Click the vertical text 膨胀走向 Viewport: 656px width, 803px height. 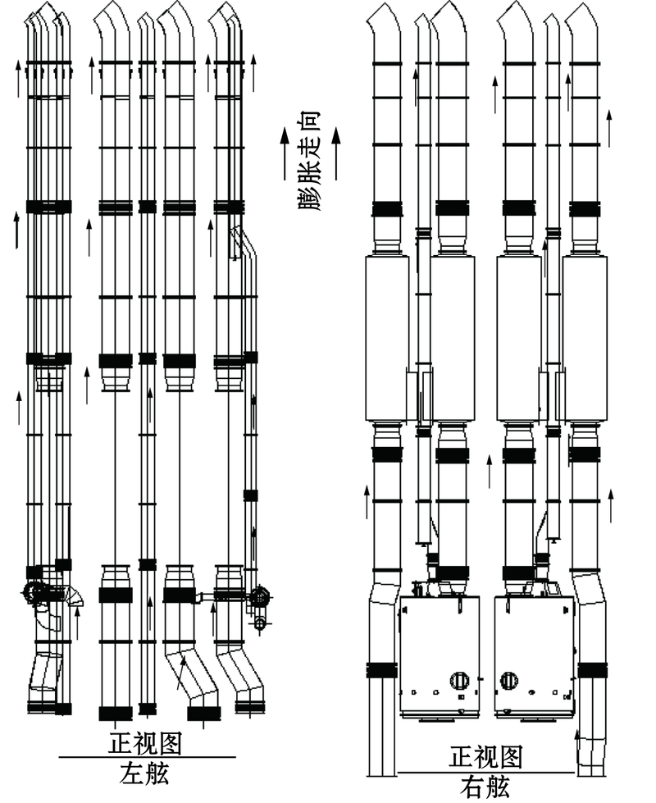tap(309, 161)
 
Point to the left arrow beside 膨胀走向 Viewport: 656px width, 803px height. tap(285, 153)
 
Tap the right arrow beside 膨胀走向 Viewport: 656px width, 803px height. tap(336, 153)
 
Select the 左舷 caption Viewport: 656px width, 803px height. tap(144, 773)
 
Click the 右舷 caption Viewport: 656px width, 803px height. tap(485, 787)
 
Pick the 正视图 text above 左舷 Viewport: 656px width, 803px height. tap(145, 744)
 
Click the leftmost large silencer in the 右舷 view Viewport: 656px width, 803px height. tap(387, 338)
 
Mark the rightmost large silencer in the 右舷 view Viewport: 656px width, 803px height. tap(585, 338)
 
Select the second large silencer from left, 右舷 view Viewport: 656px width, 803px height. tap(453, 338)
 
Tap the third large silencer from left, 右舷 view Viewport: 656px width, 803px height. tap(519, 338)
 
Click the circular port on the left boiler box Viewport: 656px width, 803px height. tap(459, 681)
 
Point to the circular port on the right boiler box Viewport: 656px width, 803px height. tap(508, 681)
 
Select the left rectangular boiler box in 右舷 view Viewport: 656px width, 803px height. tap(440, 656)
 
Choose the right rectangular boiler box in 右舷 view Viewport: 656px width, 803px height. tap(534, 656)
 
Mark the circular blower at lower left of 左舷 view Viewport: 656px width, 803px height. tap(34, 594)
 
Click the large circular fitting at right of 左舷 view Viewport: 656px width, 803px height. tap(262, 596)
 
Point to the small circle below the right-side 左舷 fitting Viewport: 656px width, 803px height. tap(260, 623)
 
